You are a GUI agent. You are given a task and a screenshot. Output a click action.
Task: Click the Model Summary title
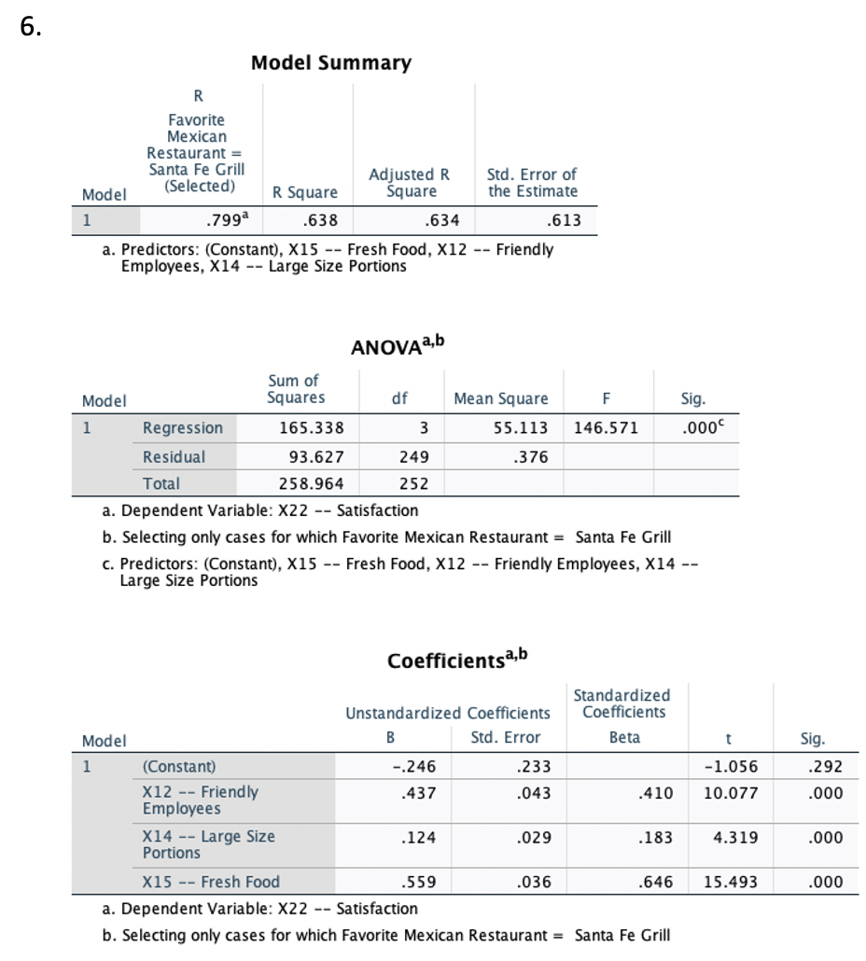click(331, 63)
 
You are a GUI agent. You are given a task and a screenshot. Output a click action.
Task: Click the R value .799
click(221, 220)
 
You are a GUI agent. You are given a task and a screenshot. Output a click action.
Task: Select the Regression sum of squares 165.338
click(312, 428)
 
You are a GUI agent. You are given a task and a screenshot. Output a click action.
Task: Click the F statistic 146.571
click(607, 428)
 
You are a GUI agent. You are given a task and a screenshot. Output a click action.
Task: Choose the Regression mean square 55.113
click(521, 428)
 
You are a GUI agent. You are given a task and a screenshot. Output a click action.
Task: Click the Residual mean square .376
click(531, 457)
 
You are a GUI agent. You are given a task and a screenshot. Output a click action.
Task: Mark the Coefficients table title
click(457, 660)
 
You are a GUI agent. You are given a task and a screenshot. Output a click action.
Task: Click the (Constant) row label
click(178, 767)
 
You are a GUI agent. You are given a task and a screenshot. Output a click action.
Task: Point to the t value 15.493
click(730, 882)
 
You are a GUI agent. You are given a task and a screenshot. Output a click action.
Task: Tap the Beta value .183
click(654, 837)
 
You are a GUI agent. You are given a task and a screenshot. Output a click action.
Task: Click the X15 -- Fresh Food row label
click(211, 882)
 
